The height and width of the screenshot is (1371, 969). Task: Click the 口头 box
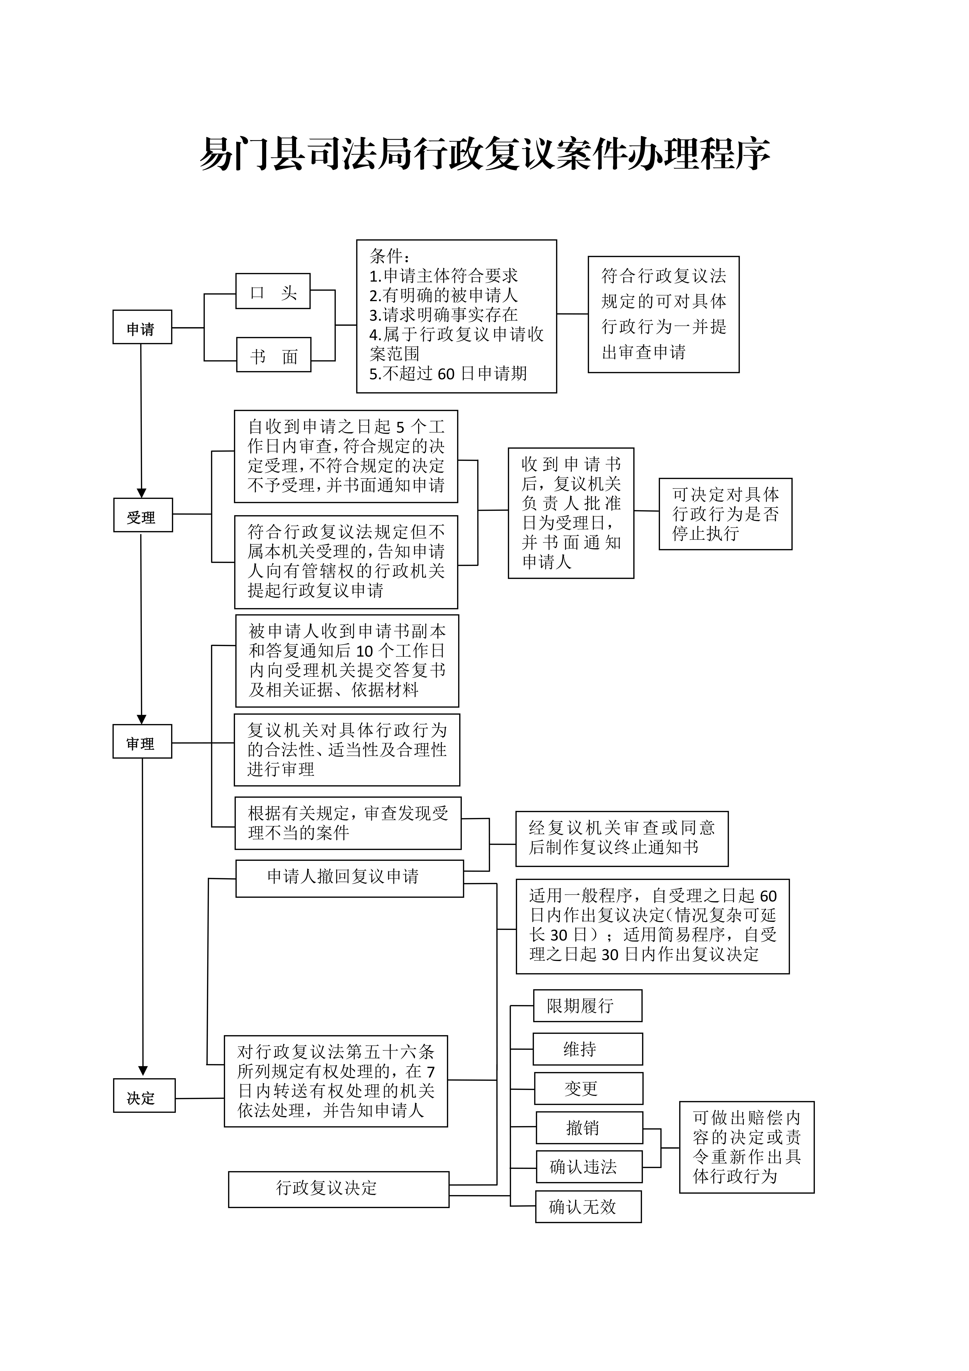tap(273, 291)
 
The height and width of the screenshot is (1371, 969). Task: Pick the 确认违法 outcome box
tap(589, 1167)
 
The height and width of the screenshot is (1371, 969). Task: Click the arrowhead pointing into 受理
tap(141, 493)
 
